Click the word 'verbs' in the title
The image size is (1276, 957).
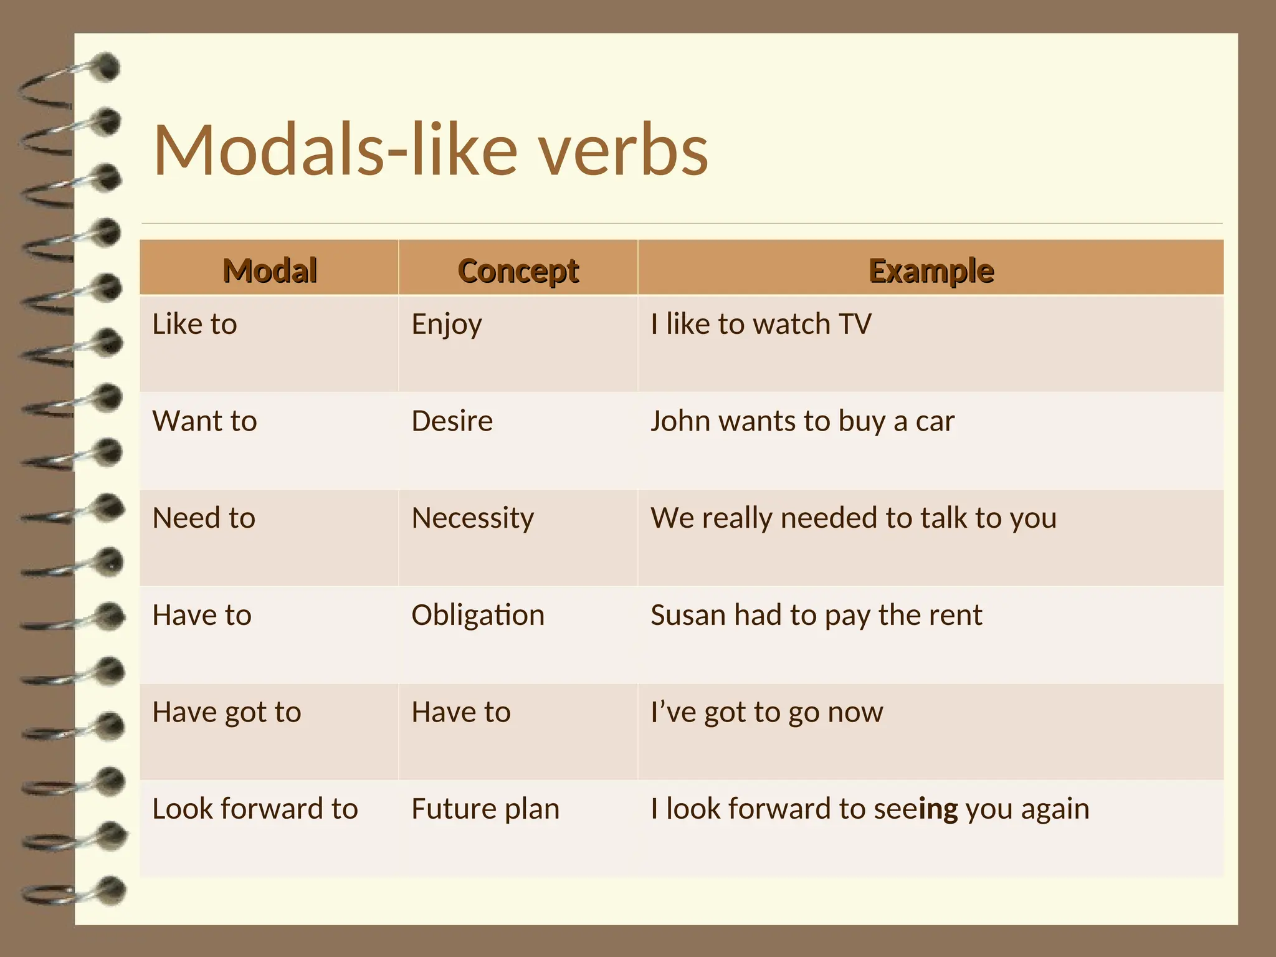click(623, 151)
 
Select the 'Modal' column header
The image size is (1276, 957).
click(270, 270)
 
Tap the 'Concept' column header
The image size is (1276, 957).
click(518, 270)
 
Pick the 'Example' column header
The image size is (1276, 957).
click(931, 270)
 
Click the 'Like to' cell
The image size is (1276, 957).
click(194, 325)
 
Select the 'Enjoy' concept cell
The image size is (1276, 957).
click(446, 325)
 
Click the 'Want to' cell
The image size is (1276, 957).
click(204, 421)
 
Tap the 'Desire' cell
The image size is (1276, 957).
click(452, 421)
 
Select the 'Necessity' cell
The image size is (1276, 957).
click(472, 518)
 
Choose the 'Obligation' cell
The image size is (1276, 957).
click(478, 616)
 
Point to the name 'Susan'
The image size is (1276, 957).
click(688, 616)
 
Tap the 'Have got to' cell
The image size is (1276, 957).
click(226, 712)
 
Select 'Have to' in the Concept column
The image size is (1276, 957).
click(460, 712)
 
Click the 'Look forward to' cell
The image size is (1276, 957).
click(255, 809)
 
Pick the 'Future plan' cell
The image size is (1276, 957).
click(485, 809)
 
